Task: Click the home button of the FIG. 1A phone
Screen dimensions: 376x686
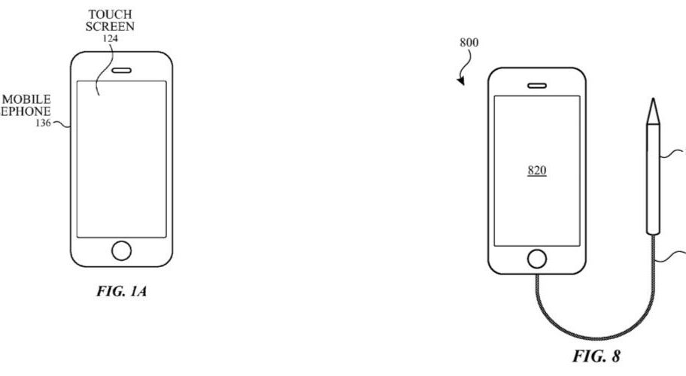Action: [120, 250]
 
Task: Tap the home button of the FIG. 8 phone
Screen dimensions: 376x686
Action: [536, 258]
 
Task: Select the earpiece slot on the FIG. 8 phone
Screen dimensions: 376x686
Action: [536, 84]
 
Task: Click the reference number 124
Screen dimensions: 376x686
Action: [110, 38]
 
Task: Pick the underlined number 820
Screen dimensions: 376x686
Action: [536, 171]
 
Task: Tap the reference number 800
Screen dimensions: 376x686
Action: [468, 43]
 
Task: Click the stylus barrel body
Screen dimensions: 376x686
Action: [651, 180]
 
